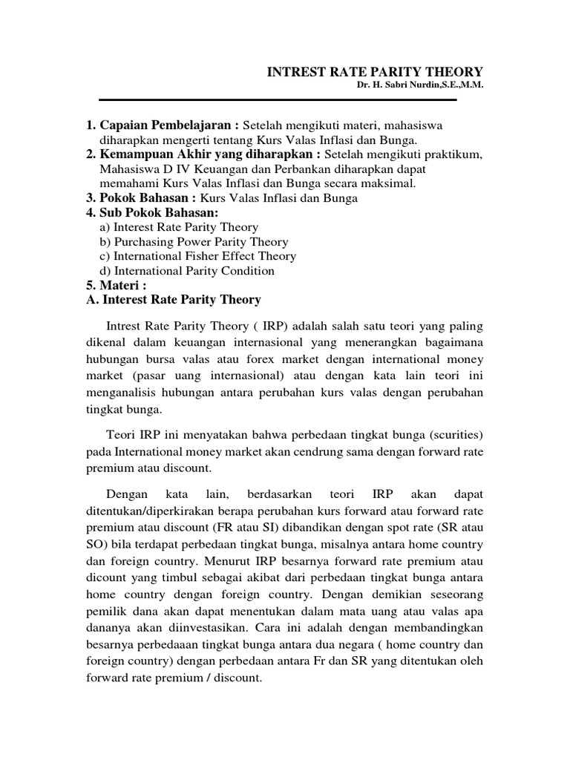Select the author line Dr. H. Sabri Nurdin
(x=420, y=87)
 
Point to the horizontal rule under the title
(x=278, y=99)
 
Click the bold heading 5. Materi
(x=117, y=286)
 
